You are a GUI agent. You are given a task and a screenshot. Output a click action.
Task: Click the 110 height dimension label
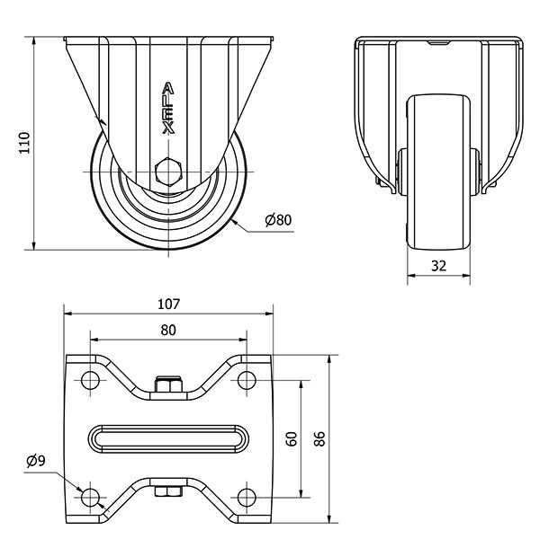(24, 143)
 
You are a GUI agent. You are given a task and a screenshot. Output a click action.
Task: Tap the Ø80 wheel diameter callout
(278, 220)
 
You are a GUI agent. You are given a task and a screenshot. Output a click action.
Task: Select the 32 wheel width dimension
(438, 266)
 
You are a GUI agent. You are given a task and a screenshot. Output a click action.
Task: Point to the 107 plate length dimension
(168, 304)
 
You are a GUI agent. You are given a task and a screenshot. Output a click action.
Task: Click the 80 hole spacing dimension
(168, 330)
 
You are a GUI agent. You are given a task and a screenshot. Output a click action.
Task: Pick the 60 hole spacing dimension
(292, 438)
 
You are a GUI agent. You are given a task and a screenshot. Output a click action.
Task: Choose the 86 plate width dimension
(319, 438)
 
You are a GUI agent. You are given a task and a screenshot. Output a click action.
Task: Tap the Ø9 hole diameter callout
(36, 461)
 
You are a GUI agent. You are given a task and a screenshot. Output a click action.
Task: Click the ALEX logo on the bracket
(168, 109)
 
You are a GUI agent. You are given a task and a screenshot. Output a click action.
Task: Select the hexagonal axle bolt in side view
(168, 172)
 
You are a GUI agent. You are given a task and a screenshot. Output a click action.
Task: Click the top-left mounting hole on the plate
(90, 380)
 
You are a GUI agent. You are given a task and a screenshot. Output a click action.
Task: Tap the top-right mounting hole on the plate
(247, 380)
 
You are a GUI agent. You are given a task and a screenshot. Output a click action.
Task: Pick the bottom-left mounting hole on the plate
(90, 498)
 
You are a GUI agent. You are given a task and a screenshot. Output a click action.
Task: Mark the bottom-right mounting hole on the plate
(247, 498)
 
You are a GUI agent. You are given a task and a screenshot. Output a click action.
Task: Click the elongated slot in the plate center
(168, 439)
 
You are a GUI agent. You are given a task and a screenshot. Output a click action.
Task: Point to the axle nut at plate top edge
(168, 384)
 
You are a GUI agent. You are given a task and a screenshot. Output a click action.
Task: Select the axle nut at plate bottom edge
(168, 491)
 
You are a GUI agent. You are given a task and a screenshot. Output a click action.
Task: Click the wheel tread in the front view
(438, 172)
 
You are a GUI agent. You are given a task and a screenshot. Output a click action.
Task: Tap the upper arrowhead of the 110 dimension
(34, 40)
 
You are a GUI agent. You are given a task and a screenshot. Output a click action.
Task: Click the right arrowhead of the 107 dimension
(269, 314)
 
